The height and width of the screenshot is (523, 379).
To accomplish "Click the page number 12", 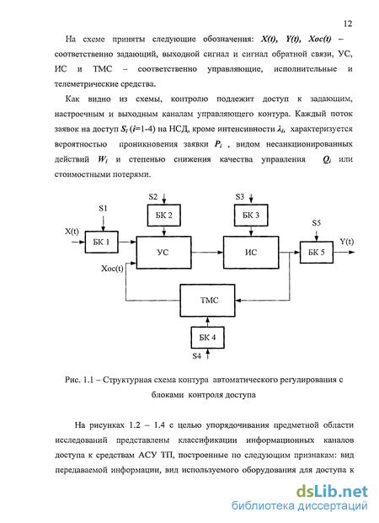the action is point(348,24).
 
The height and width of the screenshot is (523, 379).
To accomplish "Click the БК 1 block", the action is point(101,242).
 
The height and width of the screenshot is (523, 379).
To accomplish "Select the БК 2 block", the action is point(164,215).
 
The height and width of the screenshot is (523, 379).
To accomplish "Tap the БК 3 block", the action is point(251,215).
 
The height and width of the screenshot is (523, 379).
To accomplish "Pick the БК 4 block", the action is point(207,337).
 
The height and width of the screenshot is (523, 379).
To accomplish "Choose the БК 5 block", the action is point(317,252).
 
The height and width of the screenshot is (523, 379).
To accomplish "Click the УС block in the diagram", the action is point(163,253).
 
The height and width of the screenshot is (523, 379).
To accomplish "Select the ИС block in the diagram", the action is point(251,253).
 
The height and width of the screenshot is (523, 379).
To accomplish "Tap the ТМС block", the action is point(207,300).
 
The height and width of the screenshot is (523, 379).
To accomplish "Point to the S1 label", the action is point(103,209).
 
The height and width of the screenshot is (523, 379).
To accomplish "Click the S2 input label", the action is point(153,197).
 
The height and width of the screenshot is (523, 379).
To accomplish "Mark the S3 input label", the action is point(240,197).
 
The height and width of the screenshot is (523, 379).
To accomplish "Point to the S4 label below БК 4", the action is point(197,356).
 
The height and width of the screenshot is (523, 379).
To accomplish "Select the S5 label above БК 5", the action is point(317,223).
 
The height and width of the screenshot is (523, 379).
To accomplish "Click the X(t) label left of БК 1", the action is point(72,232).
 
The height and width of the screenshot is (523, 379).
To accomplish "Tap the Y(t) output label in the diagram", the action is point(347,242).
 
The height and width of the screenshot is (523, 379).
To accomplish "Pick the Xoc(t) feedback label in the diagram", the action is point(112,269).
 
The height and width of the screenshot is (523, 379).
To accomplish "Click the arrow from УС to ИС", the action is point(207,253).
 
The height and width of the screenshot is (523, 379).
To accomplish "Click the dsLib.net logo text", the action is point(333,491).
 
